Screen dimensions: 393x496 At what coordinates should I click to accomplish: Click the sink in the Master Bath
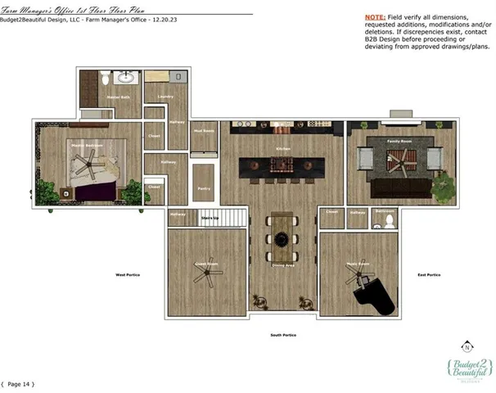(x=126, y=79)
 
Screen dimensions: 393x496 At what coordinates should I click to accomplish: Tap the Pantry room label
(x=204, y=188)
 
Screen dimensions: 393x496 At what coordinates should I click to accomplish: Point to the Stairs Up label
(x=210, y=219)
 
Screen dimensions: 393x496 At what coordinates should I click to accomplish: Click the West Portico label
(x=127, y=275)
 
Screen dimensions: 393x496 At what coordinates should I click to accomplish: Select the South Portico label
(x=283, y=335)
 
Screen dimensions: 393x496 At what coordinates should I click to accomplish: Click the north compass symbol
(x=467, y=346)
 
